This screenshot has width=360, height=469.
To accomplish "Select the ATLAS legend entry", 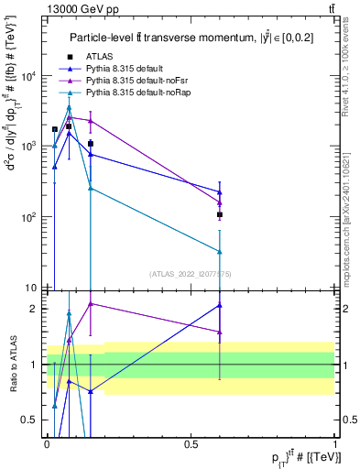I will point(100,57).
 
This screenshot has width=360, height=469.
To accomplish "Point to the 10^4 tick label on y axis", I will point(30,76).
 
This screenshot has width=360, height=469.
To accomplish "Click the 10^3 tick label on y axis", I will point(30,147).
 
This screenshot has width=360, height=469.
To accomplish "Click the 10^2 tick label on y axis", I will point(30,217).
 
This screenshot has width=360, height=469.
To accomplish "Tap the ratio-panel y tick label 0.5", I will point(33,420).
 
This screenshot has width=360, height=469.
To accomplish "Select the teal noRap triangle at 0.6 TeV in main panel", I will point(220,251).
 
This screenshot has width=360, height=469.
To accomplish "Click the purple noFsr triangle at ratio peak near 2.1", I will point(91,303).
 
